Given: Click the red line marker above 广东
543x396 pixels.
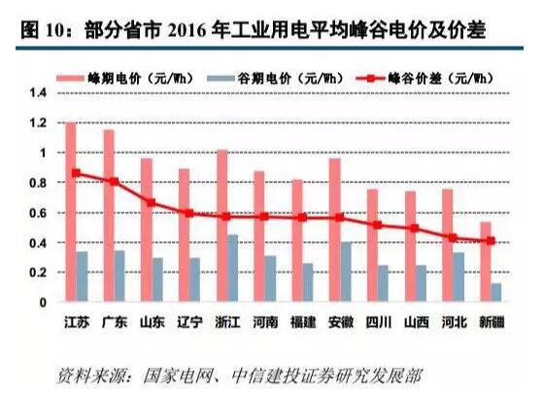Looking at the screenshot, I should point(115,181).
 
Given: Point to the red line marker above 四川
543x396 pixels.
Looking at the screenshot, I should point(377,225).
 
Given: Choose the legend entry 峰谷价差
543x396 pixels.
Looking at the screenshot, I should point(421,74).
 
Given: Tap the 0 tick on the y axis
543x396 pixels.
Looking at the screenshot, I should point(42,303).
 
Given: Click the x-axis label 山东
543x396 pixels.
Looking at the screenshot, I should point(152,321).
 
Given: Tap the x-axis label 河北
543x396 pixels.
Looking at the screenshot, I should point(455,321).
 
